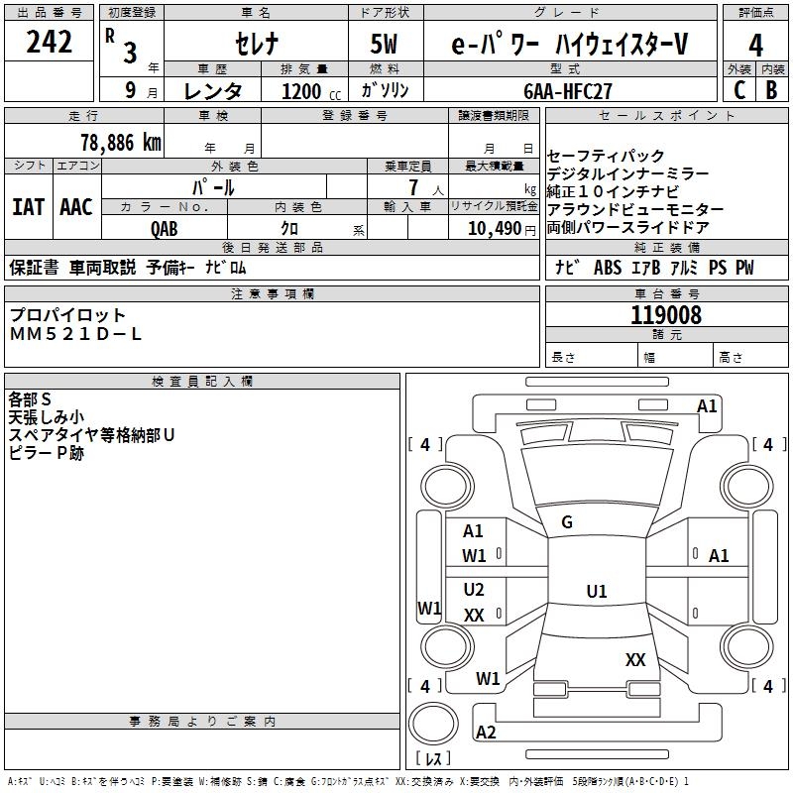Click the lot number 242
click(x=49, y=43)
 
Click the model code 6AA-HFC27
click(x=567, y=90)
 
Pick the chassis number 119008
click(x=665, y=315)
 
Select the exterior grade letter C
click(x=738, y=90)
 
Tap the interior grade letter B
click(x=771, y=90)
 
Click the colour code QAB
click(x=165, y=228)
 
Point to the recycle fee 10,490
click(x=490, y=228)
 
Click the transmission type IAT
click(x=28, y=207)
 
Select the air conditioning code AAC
click(x=76, y=207)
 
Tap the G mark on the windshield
click(x=567, y=522)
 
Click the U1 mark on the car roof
click(x=596, y=592)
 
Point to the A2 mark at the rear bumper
click(x=486, y=733)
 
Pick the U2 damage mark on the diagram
click(x=474, y=590)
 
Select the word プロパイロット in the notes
click(x=67, y=315)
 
